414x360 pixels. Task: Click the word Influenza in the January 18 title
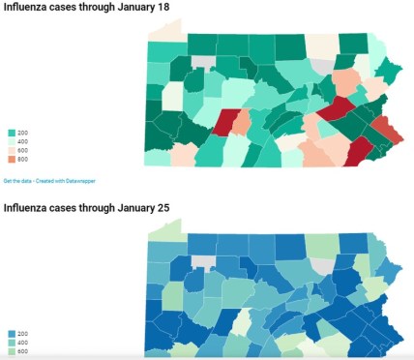(28, 9)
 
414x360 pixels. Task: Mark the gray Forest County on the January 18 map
(203, 61)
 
